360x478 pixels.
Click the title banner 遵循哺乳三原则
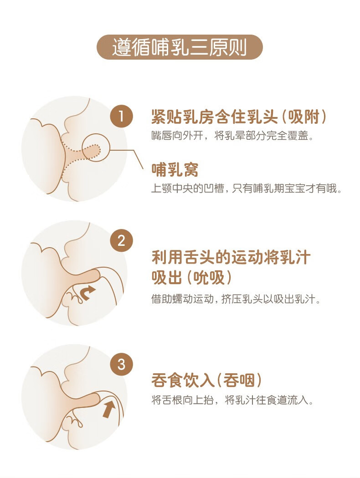pyautogui.click(x=180, y=47)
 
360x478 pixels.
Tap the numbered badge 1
pyautogui.click(x=121, y=117)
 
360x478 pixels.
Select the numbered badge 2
pyautogui.click(x=121, y=241)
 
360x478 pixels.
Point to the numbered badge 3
pyautogui.click(x=121, y=365)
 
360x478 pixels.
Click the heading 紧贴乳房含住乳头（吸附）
pyautogui.click(x=239, y=117)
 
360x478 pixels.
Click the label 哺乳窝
pyautogui.click(x=175, y=169)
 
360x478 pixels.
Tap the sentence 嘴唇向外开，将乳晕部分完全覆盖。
pyautogui.click(x=232, y=136)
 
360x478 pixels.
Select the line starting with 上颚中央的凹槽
pyautogui.click(x=246, y=189)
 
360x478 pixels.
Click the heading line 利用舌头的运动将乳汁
pyautogui.click(x=231, y=258)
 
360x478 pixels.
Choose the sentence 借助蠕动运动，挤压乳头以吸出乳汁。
pyautogui.click(x=236, y=300)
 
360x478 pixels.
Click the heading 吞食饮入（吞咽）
pyautogui.click(x=206, y=381)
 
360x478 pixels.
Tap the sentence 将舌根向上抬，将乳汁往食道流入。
pyautogui.click(x=232, y=400)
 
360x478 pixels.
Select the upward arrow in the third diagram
pyautogui.click(x=108, y=409)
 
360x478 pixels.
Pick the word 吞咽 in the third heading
pyautogui.click(x=239, y=381)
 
